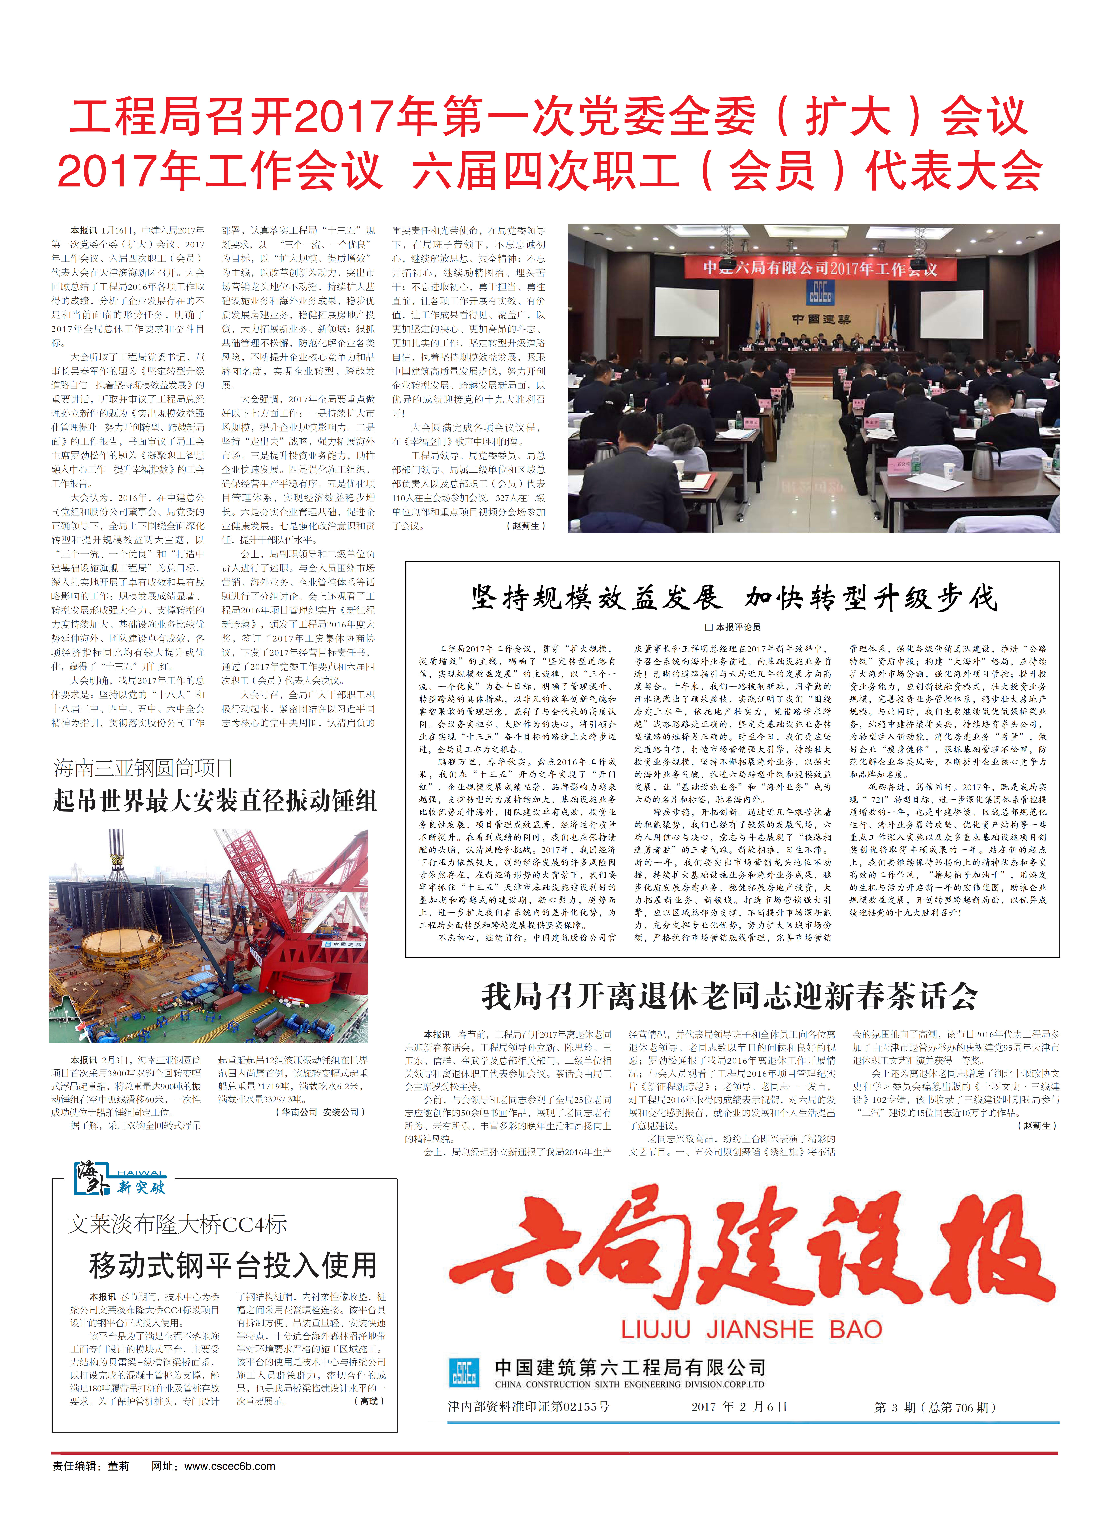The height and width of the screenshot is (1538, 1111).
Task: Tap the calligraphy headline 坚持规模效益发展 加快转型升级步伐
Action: pos(734,598)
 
